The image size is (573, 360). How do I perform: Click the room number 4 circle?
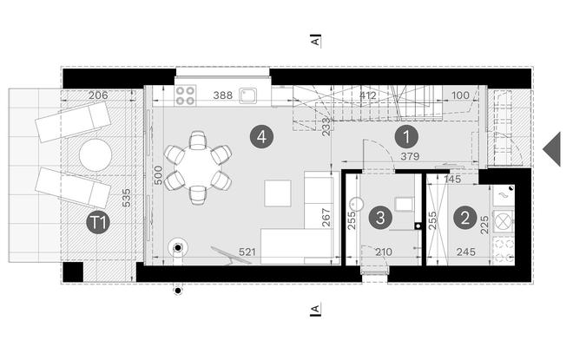(x=261, y=137)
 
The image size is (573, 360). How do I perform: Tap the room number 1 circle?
(x=406, y=137)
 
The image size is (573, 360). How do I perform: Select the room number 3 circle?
(x=380, y=218)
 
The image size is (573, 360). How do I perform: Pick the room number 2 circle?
(x=465, y=218)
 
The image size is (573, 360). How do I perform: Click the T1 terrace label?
(x=98, y=222)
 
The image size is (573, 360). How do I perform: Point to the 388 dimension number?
(x=223, y=95)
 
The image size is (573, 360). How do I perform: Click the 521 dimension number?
(x=247, y=252)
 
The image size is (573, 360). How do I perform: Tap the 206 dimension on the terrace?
(x=98, y=95)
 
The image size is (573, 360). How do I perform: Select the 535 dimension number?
(x=126, y=198)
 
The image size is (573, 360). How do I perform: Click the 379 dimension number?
(x=410, y=156)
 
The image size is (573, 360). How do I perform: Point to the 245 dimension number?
(x=466, y=252)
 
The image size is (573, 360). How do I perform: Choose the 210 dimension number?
(x=384, y=252)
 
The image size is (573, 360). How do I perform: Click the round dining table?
(x=198, y=168)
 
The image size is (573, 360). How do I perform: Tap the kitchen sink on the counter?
(x=248, y=95)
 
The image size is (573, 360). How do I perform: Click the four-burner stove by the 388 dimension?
(x=185, y=95)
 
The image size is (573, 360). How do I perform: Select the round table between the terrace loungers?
(x=95, y=154)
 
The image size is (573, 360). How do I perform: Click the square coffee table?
(x=278, y=193)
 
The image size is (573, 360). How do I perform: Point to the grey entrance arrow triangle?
(x=552, y=149)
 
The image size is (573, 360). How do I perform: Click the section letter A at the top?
(x=315, y=41)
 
